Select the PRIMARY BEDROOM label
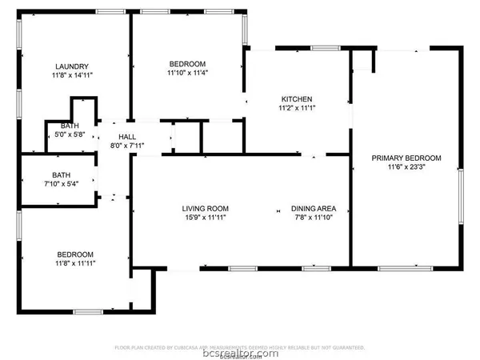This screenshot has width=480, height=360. click(x=406, y=158)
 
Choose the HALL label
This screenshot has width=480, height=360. click(x=128, y=136)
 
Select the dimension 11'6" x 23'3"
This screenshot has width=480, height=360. click(x=406, y=168)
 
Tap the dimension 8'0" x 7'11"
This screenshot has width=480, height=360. click(x=128, y=146)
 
